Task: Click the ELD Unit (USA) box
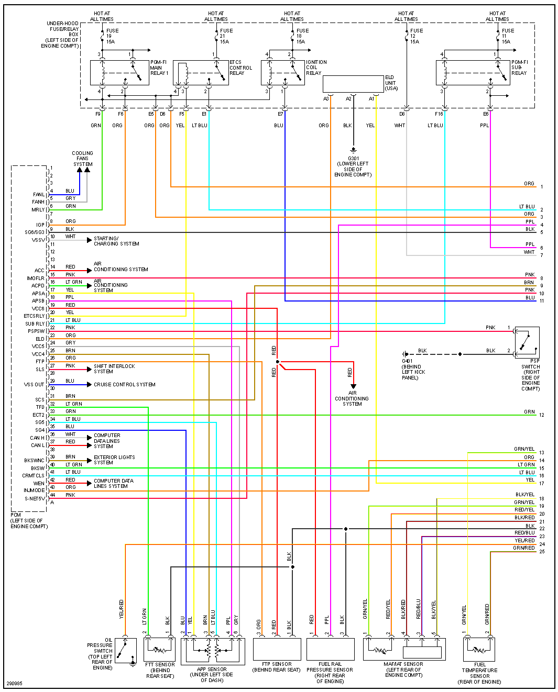[353, 84]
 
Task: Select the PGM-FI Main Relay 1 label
[159, 68]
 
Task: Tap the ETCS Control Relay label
[240, 68]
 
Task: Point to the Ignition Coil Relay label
[316, 68]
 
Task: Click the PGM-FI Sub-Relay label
[519, 68]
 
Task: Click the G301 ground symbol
[353, 150]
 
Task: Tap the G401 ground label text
[413, 369]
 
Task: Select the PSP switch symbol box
[527, 342]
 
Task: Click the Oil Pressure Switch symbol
[126, 651]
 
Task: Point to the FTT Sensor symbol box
[159, 649]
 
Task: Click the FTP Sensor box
[277, 649]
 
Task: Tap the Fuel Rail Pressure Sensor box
[330, 649]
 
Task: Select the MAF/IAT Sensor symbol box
[404, 649]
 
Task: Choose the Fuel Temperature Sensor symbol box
[479, 649]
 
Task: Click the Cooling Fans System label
[83, 159]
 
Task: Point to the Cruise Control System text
[124, 384]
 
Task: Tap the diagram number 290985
[14, 683]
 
